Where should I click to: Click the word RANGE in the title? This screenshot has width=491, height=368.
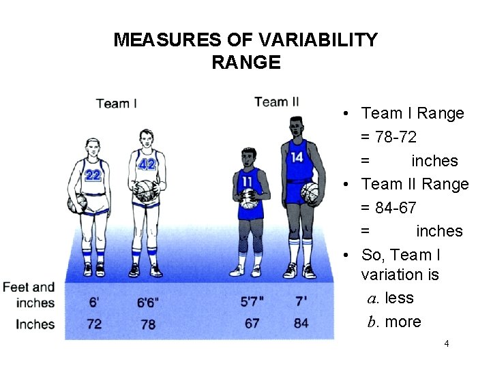pyautogui.click(x=245, y=63)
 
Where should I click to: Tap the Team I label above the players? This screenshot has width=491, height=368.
pyautogui.click(x=117, y=104)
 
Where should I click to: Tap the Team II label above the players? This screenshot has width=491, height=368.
pyautogui.click(x=276, y=102)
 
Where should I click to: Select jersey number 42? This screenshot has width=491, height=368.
pyautogui.click(x=147, y=164)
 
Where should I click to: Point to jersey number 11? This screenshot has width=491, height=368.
pyautogui.click(x=247, y=181)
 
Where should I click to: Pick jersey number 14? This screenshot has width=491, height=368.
pyautogui.click(x=297, y=157)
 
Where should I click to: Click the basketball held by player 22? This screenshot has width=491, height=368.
pyautogui.click(x=77, y=202)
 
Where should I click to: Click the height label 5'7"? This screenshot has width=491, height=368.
pyautogui.click(x=252, y=301)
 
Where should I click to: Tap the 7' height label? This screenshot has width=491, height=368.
pyautogui.click(x=301, y=301)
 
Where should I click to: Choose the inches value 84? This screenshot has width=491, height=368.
pyautogui.click(x=301, y=323)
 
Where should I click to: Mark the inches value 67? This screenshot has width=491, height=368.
pyautogui.click(x=252, y=323)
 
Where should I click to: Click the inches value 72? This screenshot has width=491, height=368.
pyautogui.click(x=94, y=323)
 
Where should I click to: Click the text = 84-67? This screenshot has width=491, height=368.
pyautogui.click(x=398, y=207)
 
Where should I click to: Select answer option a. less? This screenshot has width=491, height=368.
pyautogui.click(x=390, y=298)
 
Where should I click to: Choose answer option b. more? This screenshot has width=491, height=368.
pyautogui.click(x=393, y=322)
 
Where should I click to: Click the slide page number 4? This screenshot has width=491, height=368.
pyautogui.click(x=446, y=343)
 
